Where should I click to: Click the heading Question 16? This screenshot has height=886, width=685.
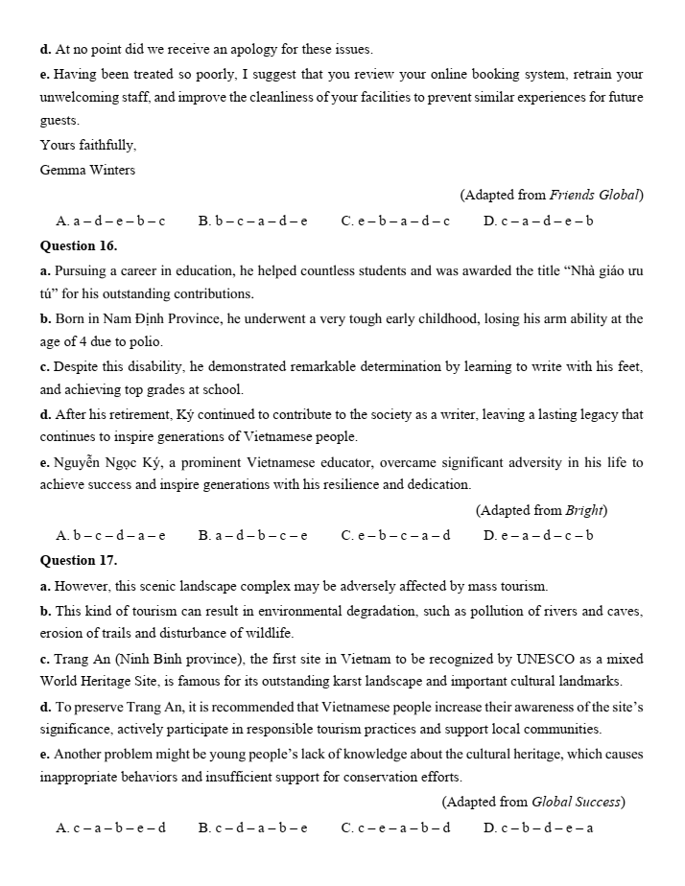[79, 245]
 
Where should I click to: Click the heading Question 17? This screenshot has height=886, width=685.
[79, 559]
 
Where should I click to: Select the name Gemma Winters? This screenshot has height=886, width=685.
[87, 170]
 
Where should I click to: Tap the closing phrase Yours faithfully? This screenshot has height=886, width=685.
[88, 146]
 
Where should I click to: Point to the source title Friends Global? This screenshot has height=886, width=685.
[594, 195]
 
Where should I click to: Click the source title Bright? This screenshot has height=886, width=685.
[585, 510]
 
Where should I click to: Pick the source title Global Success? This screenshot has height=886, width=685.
[577, 802]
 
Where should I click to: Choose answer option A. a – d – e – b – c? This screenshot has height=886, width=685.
[110, 221]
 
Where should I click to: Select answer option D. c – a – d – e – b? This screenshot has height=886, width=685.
[538, 221]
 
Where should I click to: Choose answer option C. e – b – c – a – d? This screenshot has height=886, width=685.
[395, 535]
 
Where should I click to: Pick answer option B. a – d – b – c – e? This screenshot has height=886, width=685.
[252, 535]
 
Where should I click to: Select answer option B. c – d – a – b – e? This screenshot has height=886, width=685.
[252, 828]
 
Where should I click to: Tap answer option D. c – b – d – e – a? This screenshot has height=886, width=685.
[538, 828]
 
